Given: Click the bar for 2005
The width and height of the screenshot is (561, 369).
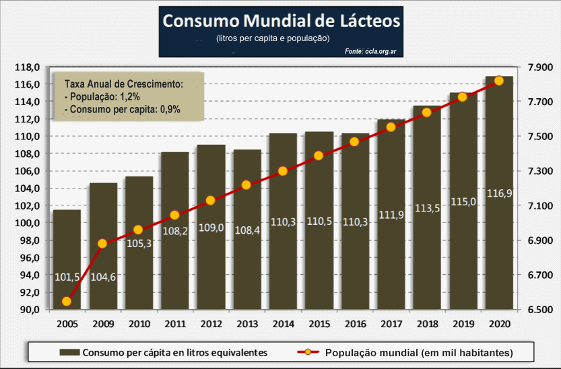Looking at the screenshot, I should tap(67, 259).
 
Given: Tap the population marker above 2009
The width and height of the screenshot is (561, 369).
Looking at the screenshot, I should tap(103, 244).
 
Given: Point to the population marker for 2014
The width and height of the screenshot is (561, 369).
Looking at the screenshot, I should tap(283, 171).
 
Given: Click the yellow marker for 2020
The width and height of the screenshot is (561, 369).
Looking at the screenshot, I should tap(499, 81).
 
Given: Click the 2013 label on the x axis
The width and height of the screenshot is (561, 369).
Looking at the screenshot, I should tap(246, 325).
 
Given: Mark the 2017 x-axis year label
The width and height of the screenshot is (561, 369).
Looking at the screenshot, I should tap(391, 325).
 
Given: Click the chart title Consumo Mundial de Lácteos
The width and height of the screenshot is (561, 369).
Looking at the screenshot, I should tap(282, 21).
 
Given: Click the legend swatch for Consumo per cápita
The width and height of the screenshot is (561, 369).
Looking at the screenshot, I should tap(69, 352).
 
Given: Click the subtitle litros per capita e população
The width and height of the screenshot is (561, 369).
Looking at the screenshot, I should tap(273, 38).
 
